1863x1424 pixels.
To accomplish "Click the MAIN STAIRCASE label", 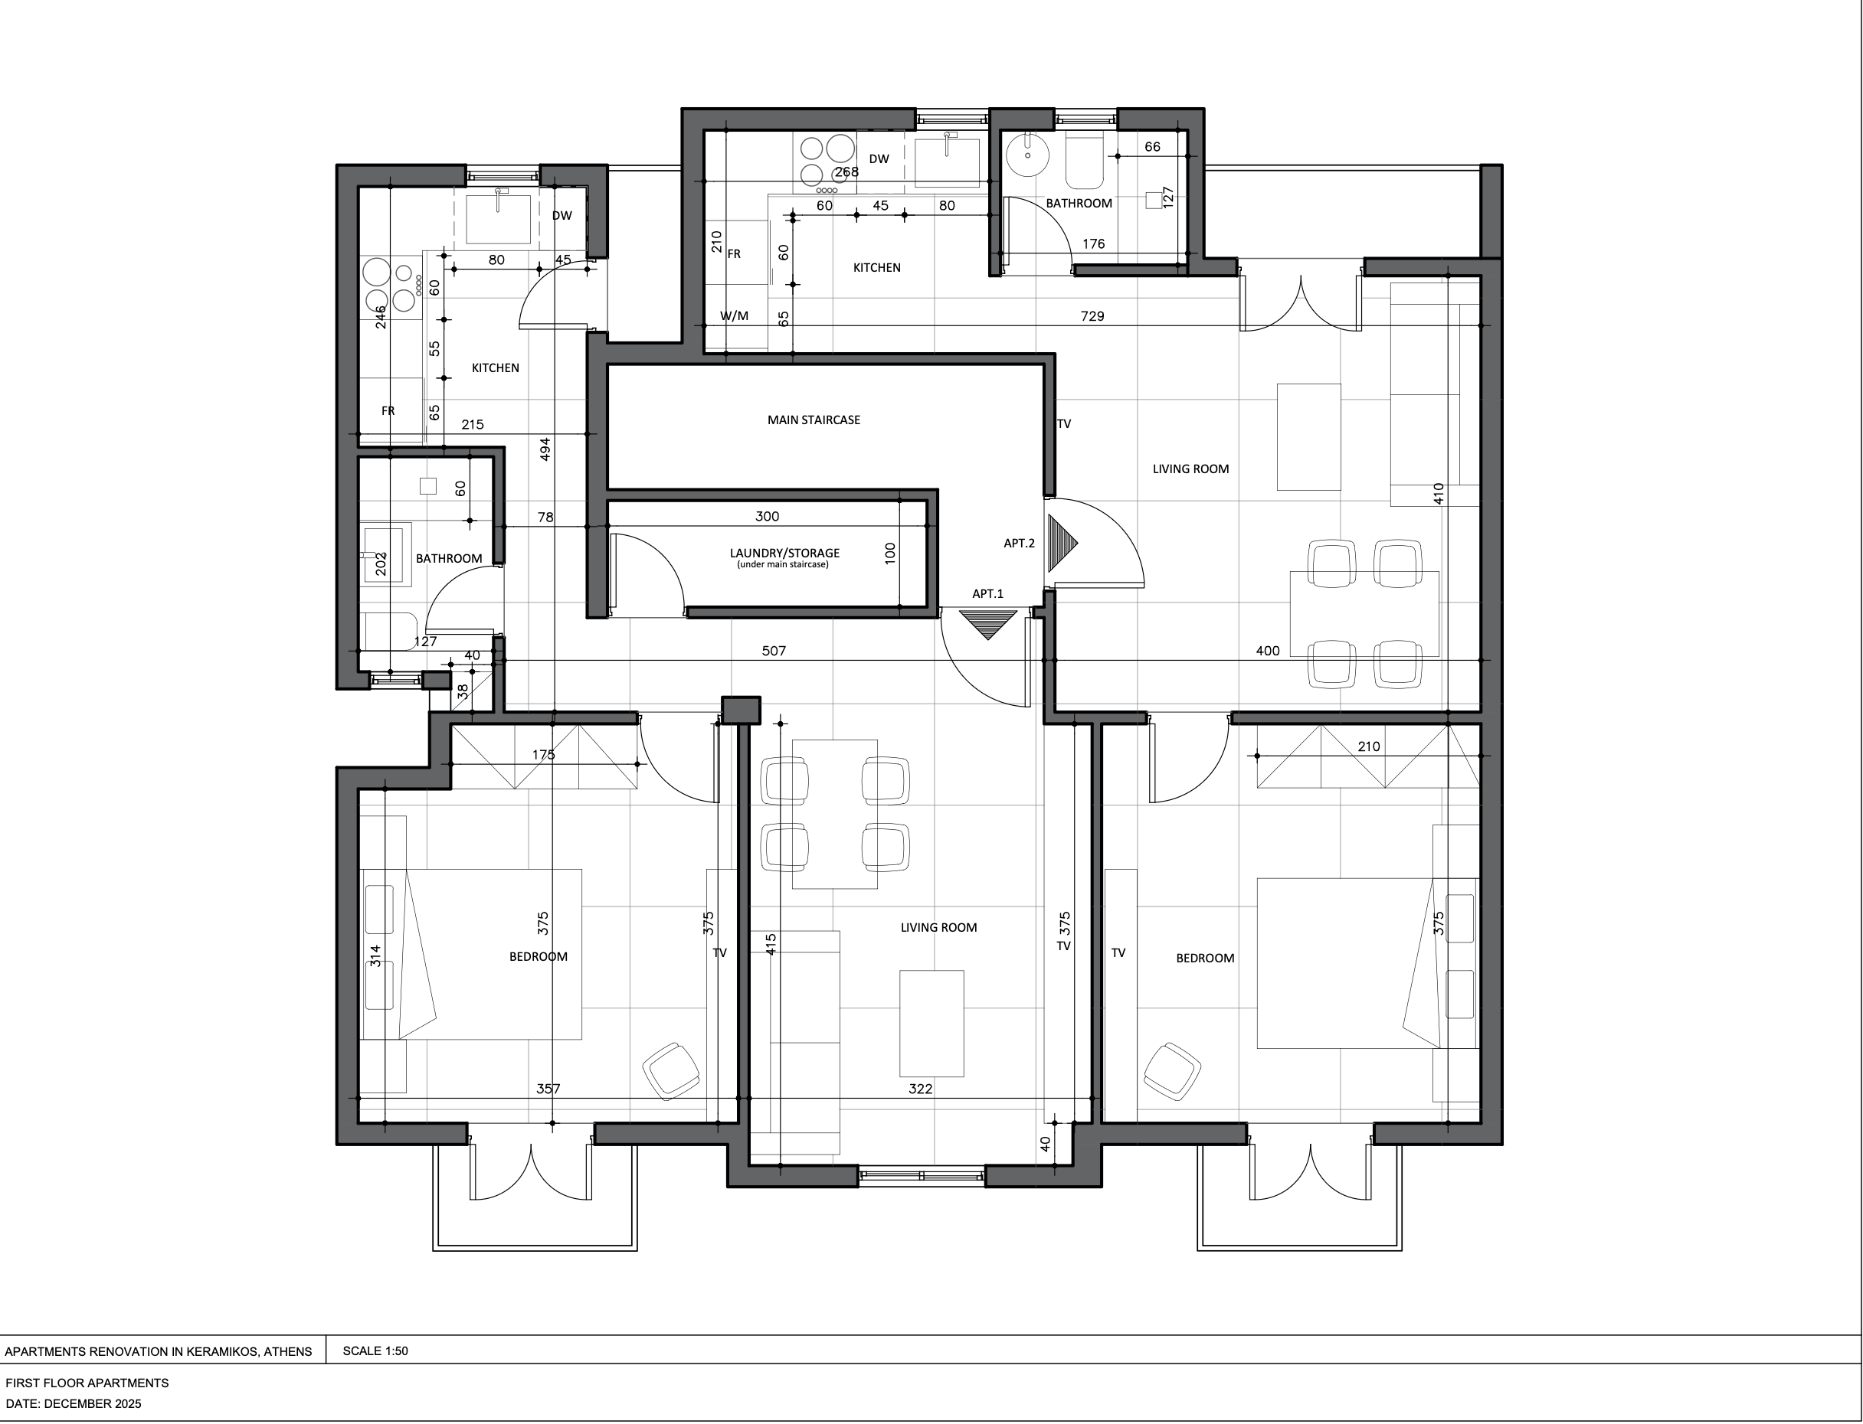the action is tap(814, 420).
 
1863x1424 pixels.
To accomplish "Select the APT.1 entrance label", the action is tap(987, 593).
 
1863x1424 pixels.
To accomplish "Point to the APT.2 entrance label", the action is tap(1020, 544).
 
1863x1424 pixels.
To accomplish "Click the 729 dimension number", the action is tap(1092, 316).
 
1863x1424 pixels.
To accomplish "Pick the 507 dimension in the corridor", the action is tap(774, 651).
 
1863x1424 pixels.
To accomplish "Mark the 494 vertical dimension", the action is tap(545, 449).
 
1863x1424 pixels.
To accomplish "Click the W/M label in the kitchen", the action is tap(735, 316).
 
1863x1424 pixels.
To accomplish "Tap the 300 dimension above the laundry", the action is tap(767, 516).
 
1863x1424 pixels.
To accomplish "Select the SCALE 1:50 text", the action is tap(375, 1351).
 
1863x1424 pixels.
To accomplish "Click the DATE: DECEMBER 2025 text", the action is tap(74, 1403).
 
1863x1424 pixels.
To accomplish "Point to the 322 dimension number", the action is tap(920, 1089).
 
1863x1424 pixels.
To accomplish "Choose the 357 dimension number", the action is tap(548, 1089).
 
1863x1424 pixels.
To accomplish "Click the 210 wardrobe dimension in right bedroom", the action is tap(1369, 746).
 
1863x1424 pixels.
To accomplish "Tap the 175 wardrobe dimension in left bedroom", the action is tap(544, 754).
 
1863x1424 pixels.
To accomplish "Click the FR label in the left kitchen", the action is tap(388, 411).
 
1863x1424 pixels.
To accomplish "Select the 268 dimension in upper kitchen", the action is tap(846, 172).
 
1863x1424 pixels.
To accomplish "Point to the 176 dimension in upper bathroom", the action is tap(1094, 244).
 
